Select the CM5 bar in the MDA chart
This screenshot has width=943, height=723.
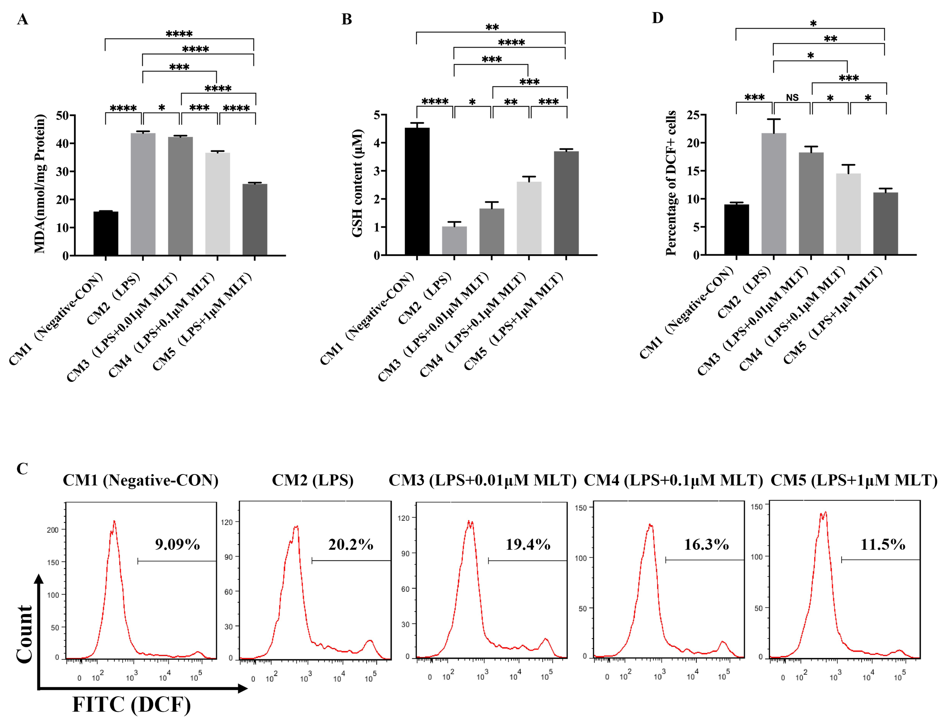point(255,219)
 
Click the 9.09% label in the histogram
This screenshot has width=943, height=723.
point(177,545)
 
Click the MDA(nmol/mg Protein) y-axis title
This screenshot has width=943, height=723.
point(40,184)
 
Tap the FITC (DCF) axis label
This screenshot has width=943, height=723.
point(131,704)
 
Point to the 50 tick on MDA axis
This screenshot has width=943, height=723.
point(62,115)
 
